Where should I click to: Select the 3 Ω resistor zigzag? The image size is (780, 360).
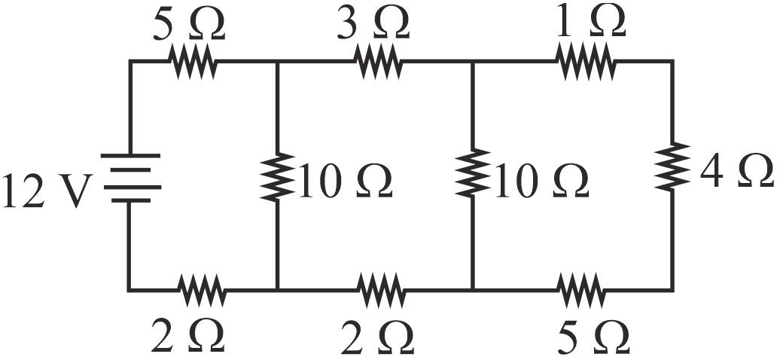379,61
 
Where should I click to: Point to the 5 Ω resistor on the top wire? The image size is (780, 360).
195,61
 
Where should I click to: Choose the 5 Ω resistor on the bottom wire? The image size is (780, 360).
581,288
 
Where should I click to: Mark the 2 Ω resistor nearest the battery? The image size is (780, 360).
202,288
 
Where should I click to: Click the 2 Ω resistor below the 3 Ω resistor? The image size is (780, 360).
381,288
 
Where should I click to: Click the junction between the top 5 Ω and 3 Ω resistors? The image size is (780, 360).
278,61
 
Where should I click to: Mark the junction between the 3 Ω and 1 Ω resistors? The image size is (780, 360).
472,61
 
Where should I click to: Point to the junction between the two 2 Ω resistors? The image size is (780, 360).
278,288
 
